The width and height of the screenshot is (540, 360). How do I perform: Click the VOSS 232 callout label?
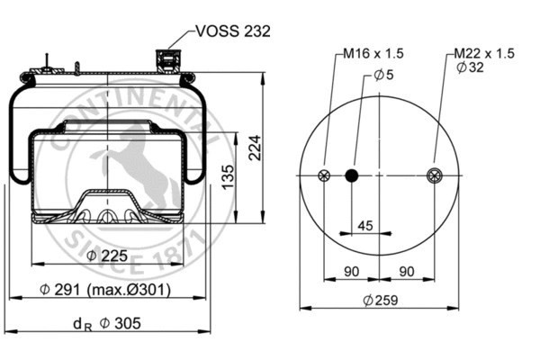point(232,31)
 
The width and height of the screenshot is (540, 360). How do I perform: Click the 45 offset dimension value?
point(366,225)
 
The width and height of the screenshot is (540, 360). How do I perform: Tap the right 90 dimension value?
point(407,271)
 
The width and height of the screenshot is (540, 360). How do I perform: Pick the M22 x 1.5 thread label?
point(484,54)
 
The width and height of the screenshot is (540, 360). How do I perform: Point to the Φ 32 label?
point(472,68)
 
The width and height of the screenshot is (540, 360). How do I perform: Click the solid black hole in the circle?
point(353,175)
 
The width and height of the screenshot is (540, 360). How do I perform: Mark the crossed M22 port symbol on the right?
point(435,175)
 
